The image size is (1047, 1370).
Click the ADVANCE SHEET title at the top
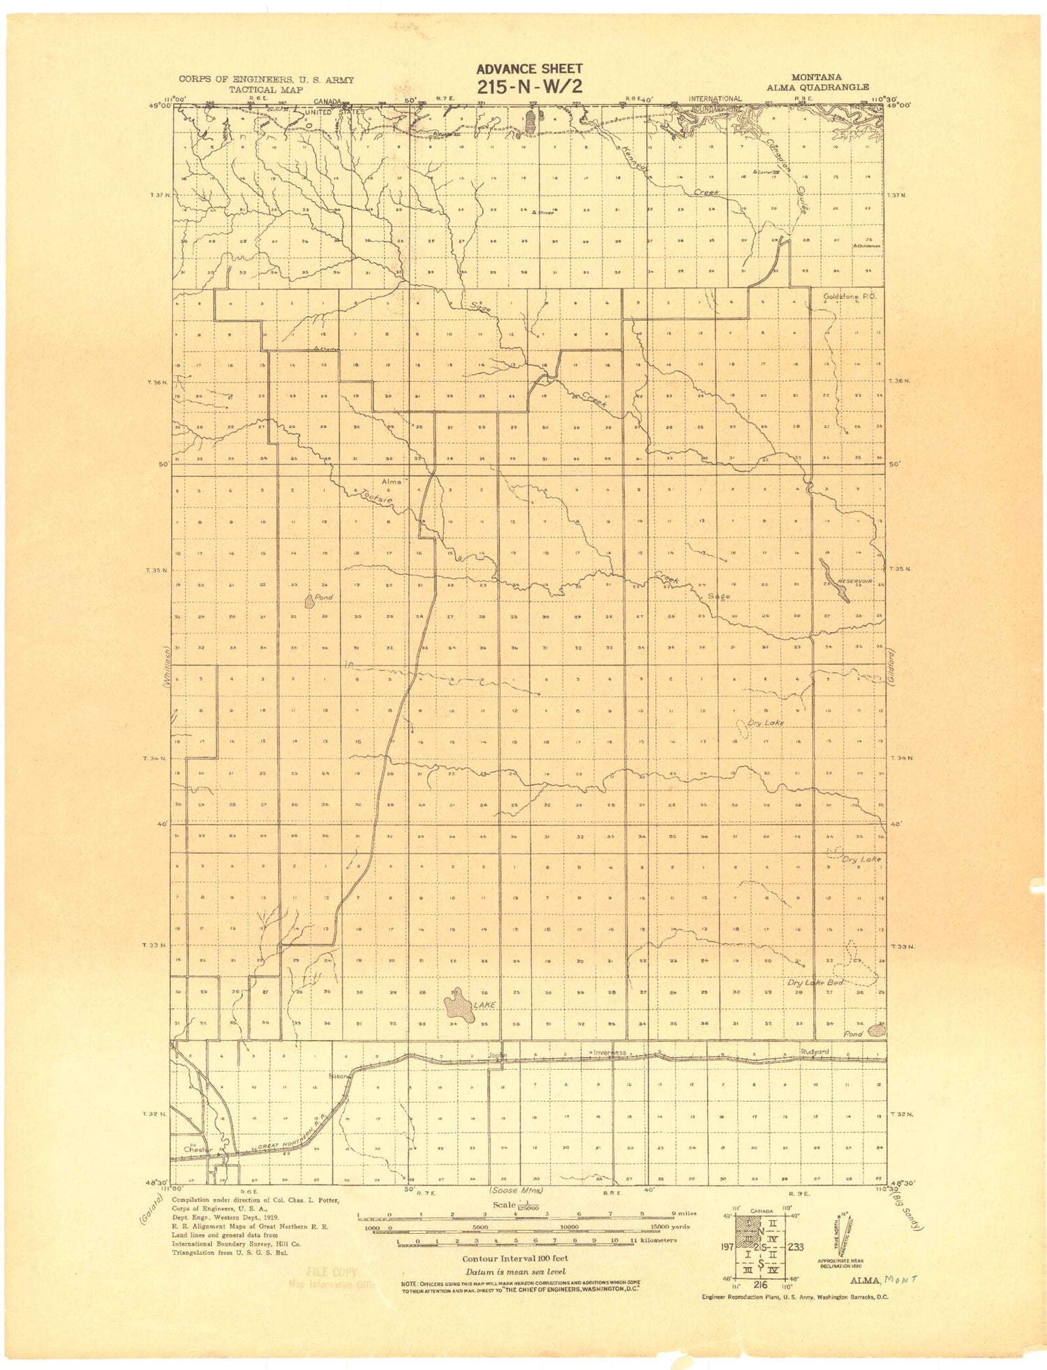point(528,68)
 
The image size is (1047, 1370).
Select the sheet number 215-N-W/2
point(528,87)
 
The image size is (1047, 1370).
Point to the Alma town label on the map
point(392,482)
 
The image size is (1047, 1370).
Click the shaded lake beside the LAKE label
point(459,1006)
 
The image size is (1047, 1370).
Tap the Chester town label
point(197,1149)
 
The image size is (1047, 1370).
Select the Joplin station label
point(496,1054)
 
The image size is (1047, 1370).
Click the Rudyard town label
point(815,1052)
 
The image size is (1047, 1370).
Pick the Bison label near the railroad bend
point(339,1076)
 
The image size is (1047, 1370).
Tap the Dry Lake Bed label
point(816,982)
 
